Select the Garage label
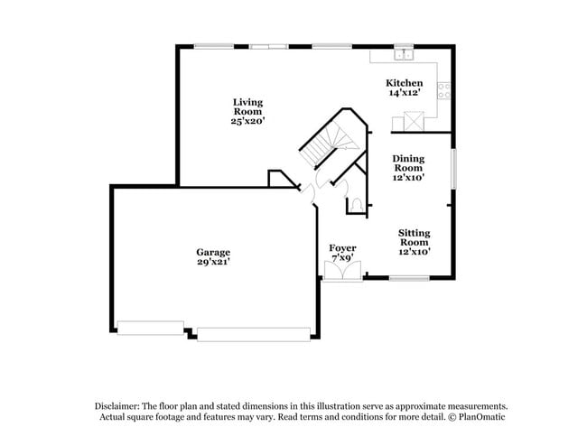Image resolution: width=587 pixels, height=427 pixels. point(213,252)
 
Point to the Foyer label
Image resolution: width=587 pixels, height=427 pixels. point(341,247)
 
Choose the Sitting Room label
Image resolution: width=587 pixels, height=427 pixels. point(414,237)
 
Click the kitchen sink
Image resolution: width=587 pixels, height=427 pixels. point(404,54)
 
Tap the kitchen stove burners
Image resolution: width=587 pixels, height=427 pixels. point(443,89)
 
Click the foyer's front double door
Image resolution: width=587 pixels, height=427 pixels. point(342,270)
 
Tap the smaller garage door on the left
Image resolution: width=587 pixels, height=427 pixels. point(151,328)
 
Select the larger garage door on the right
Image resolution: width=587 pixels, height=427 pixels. point(253,334)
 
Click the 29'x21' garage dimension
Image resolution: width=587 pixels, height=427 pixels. point(213,263)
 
